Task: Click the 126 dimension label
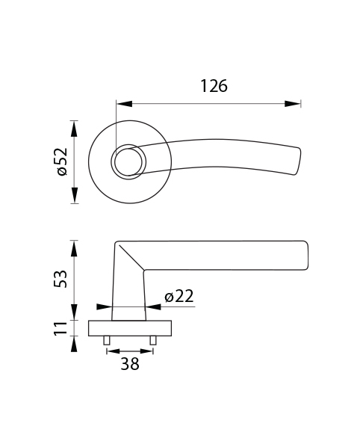(214, 86)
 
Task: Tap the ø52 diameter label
(62, 161)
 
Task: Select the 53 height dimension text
(60, 279)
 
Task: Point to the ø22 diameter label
(179, 296)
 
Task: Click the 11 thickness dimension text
(60, 328)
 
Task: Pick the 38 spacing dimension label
(130, 364)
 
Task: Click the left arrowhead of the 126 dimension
(125, 104)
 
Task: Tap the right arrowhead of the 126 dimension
(293, 104)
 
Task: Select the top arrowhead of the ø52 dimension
(75, 129)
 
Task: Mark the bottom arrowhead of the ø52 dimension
(75, 195)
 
